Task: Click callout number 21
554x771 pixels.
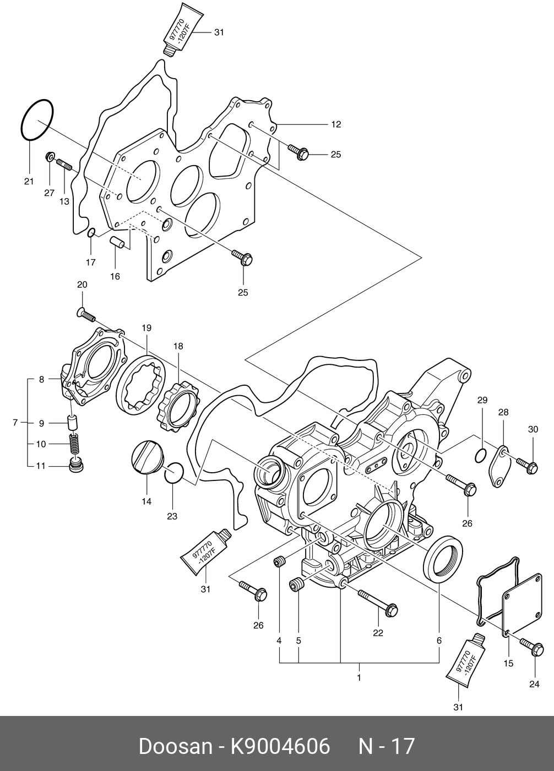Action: tap(29, 182)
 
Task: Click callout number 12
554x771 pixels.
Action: tap(336, 124)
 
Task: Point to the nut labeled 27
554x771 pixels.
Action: tap(50, 158)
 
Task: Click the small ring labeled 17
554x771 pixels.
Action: tap(91, 235)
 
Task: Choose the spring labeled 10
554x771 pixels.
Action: tap(72, 442)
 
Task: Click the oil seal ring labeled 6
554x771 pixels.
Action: tap(443, 557)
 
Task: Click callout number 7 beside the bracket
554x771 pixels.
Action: tap(15, 423)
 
